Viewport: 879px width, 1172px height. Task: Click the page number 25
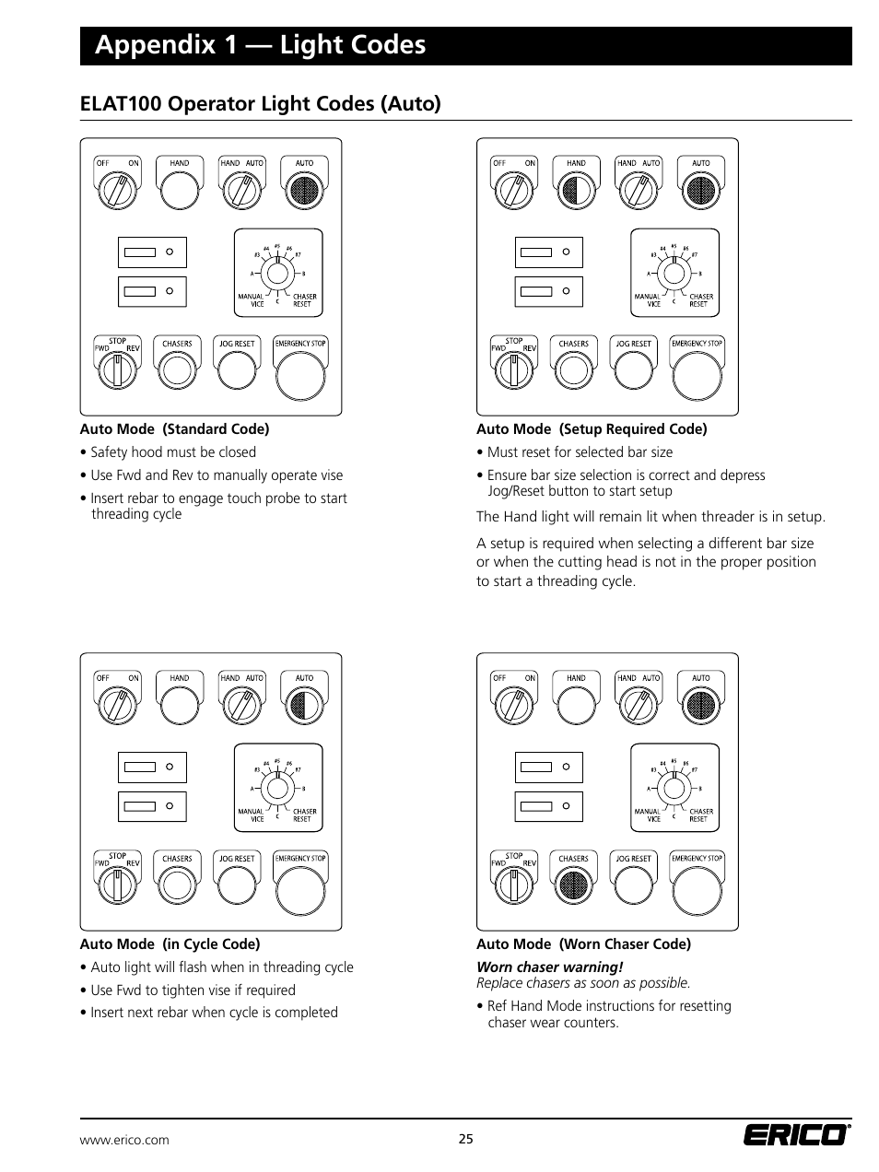[x=465, y=1139]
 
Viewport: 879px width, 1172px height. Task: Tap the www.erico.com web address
[x=124, y=1140]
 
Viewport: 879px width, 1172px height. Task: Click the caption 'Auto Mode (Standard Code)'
[x=174, y=429]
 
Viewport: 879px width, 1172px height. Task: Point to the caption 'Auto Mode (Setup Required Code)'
[x=592, y=429]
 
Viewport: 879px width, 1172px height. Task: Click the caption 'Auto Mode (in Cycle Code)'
[x=170, y=944]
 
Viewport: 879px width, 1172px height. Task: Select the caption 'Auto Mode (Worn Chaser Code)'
[x=583, y=944]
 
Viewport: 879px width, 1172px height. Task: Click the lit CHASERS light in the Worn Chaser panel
[x=573, y=886]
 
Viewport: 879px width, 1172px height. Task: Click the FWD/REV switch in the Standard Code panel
[x=117, y=371]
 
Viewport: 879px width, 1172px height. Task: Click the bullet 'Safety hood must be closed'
[x=173, y=452]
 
